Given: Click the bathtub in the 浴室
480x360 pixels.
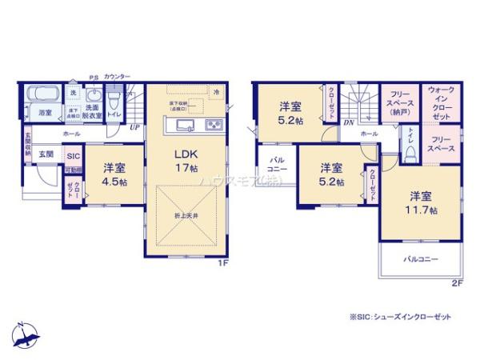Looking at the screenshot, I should [x=41, y=96].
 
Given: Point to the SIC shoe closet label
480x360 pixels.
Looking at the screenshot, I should [x=73, y=156].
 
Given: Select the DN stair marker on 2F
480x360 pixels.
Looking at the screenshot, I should [x=349, y=122].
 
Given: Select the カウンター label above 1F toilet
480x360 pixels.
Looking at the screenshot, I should [x=116, y=74].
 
